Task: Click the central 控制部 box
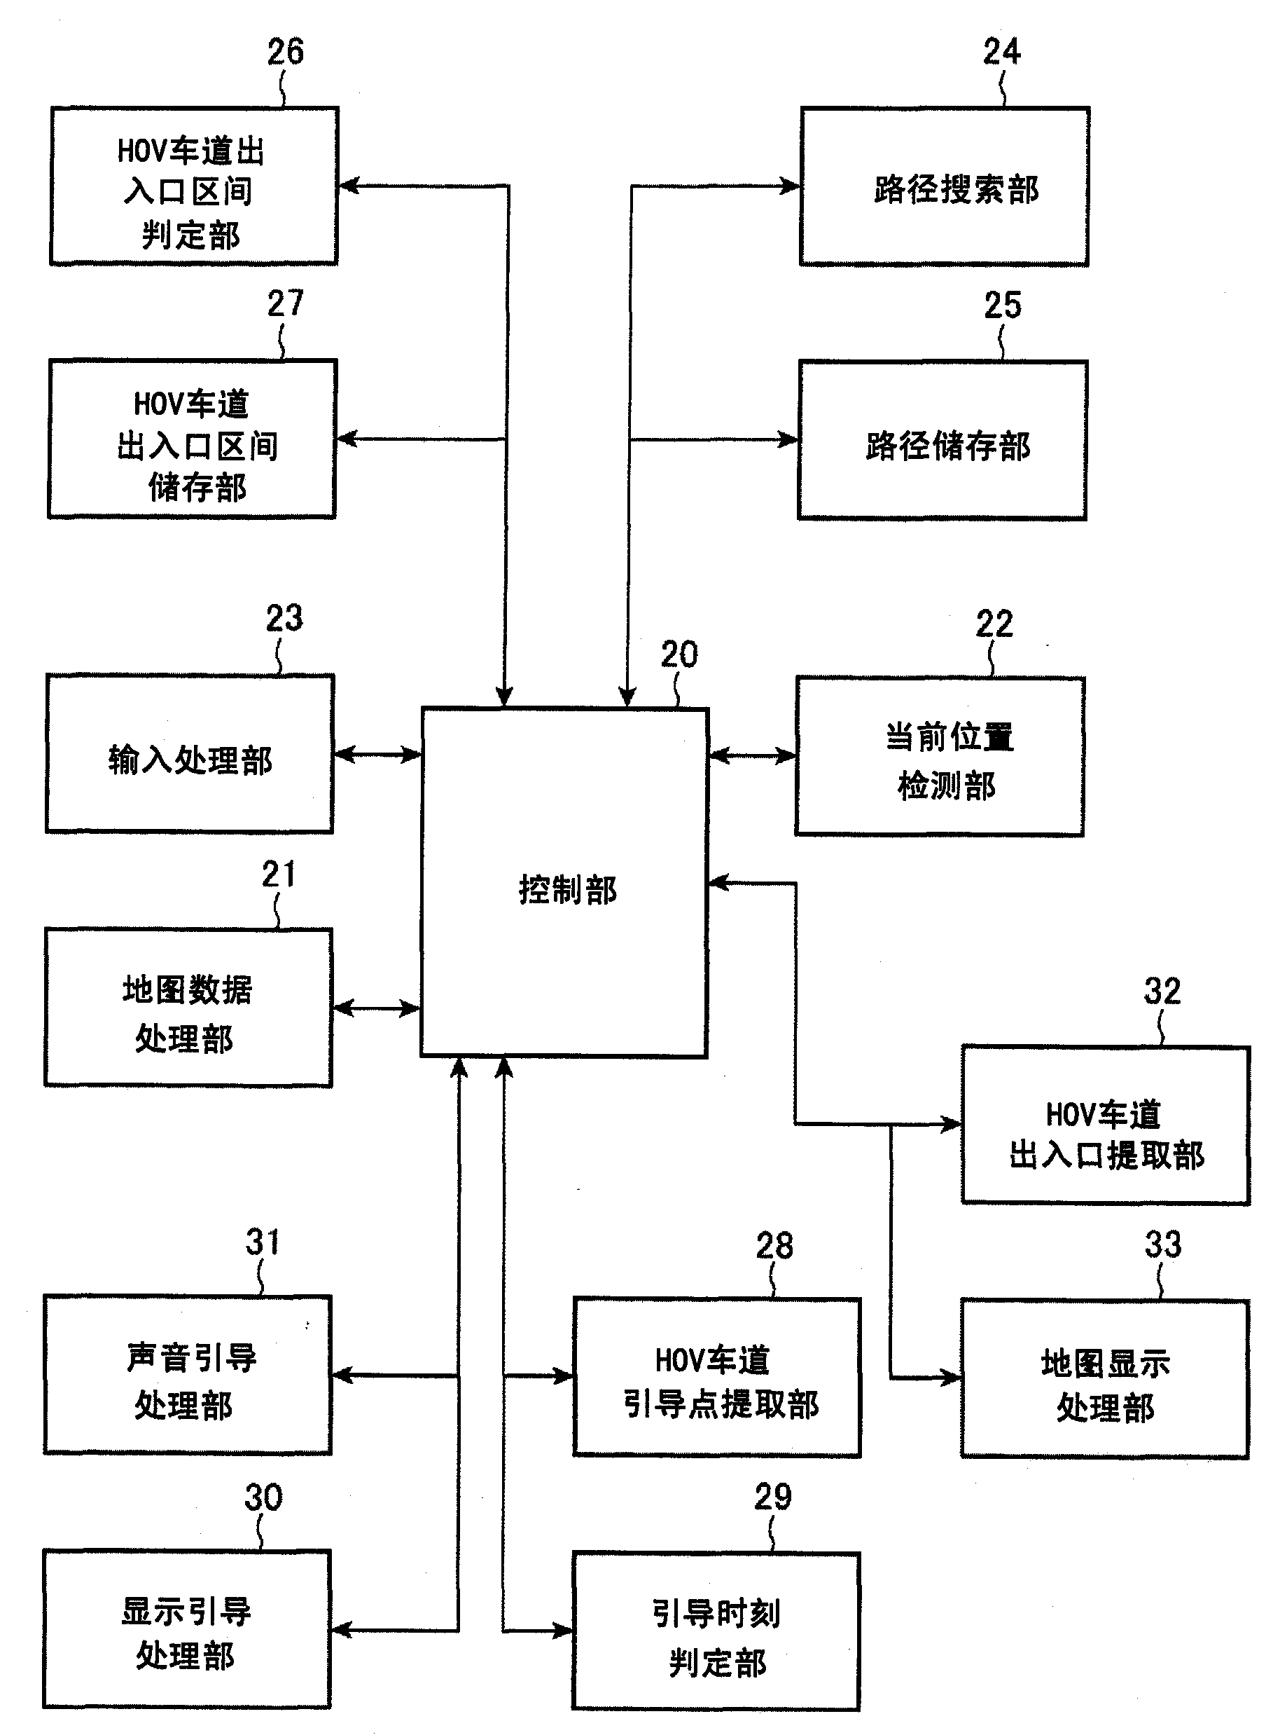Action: click(564, 882)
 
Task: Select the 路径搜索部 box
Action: click(944, 187)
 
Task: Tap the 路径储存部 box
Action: click(942, 440)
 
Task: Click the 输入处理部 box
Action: click(189, 755)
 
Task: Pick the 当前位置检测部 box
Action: click(940, 757)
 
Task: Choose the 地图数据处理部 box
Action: click(188, 1008)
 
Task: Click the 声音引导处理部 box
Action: click(188, 1376)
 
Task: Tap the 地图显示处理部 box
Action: click(1105, 1378)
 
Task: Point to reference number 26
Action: click(285, 52)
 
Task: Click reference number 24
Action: click(1001, 52)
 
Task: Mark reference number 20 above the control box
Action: click(679, 654)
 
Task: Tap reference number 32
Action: click(1162, 992)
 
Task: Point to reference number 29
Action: click(772, 1497)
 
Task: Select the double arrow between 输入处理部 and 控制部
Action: click(378, 755)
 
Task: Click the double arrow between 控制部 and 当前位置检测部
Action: click(752, 756)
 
